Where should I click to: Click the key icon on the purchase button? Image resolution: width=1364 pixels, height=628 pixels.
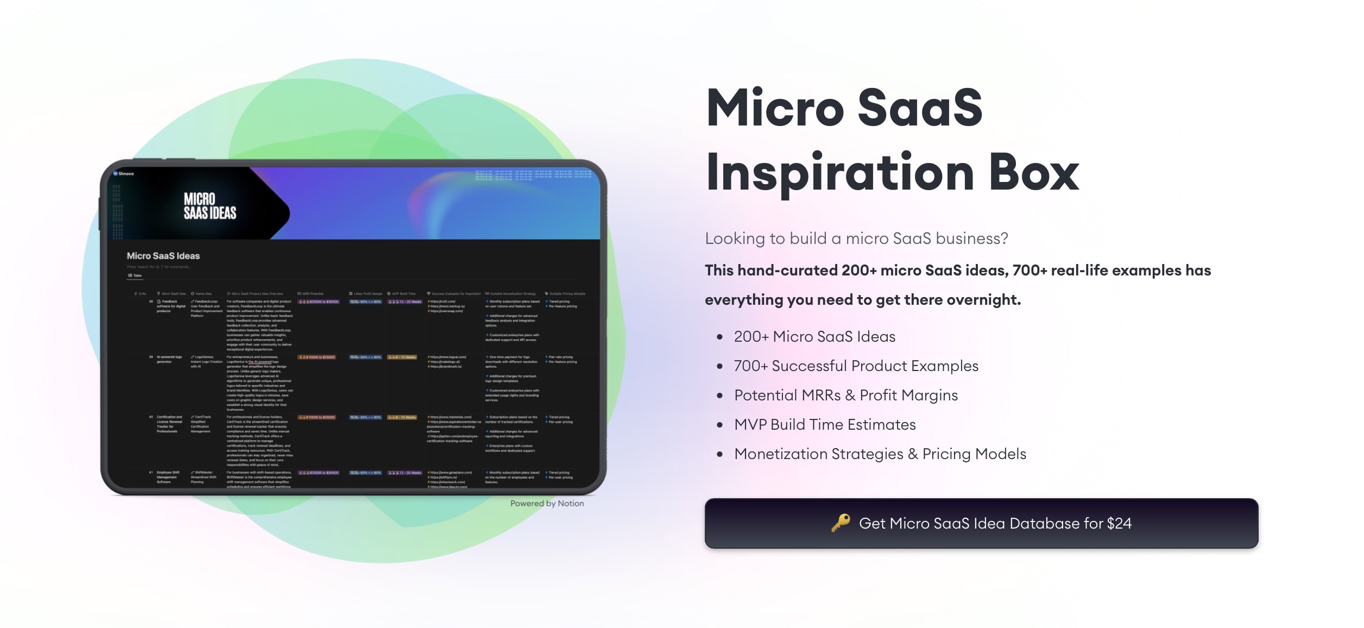pyautogui.click(x=841, y=523)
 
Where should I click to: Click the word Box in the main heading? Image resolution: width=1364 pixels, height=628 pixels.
pyautogui.click(x=1034, y=172)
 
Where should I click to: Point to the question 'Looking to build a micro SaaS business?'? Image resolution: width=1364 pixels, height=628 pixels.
pyautogui.click(x=856, y=238)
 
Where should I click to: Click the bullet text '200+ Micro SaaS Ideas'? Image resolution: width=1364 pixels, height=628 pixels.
pyautogui.click(x=814, y=337)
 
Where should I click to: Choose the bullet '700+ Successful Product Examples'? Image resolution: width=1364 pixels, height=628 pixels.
pyautogui.click(x=856, y=366)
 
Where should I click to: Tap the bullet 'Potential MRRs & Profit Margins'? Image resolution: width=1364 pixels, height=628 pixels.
pyautogui.click(x=845, y=395)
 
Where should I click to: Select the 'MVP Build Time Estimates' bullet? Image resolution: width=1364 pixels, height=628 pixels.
pyautogui.click(x=825, y=425)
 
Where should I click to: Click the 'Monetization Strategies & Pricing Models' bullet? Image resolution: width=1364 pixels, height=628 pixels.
pyautogui.click(x=880, y=454)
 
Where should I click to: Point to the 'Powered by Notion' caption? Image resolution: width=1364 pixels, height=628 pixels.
pyautogui.click(x=547, y=504)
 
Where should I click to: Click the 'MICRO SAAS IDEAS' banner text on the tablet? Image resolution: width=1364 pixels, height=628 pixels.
pyautogui.click(x=210, y=206)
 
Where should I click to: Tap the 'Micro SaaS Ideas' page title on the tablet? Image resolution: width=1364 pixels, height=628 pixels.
pyautogui.click(x=163, y=256)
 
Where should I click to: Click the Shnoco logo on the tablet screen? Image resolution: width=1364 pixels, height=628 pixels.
pyautogui.click(x=123, y=174)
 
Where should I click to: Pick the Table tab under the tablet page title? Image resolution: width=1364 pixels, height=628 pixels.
pyautogui.click(x=135, y=275)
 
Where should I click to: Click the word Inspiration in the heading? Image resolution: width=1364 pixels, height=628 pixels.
pyautogui.click(x=840, y=172)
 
